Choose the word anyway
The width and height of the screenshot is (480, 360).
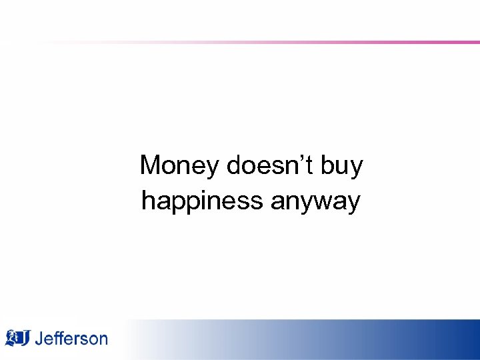[x=315, y=201]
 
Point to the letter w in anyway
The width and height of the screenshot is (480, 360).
[x=326, y=201]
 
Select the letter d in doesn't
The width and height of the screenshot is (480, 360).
[x=233, y=165]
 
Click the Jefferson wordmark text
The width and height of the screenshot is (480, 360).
[x=71, y=339]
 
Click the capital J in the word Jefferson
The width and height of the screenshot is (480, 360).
[x=39, y=339]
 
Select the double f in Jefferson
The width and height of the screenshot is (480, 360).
[x=58, y=338]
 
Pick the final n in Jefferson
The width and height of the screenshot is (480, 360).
[x=102, y=340]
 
